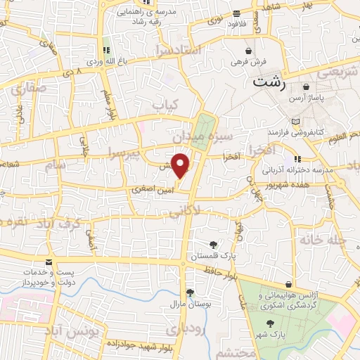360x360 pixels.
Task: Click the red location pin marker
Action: click(181, 165)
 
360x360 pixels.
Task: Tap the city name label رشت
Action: click(269, 82)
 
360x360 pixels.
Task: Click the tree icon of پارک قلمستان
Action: click(214, 243)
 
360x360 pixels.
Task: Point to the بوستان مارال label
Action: click(186, 304)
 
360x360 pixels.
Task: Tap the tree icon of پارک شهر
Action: click(271, 323)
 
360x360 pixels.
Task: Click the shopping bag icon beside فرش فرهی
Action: click(249, 51)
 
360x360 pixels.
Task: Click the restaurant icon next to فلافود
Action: click(236, 14)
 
